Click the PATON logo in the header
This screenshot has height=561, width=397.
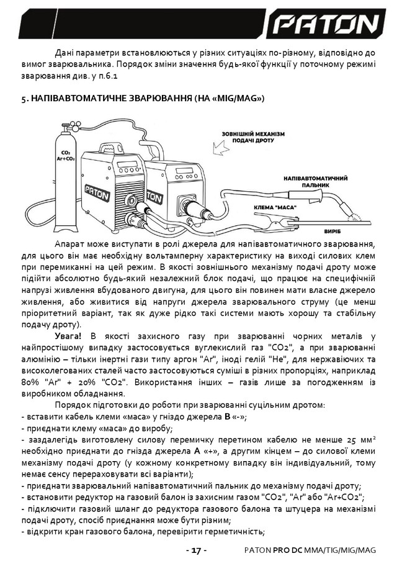(326, 25)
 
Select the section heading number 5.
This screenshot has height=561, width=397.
(24, 99)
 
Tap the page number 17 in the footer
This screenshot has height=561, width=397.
(197, 550)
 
